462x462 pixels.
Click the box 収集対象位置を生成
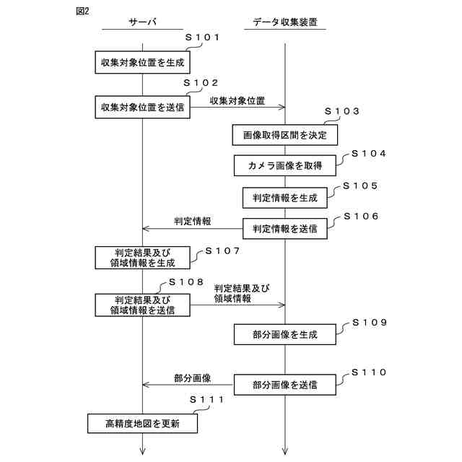pos(142,62)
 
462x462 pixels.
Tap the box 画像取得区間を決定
pos(285,134)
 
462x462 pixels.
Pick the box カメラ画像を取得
pos(285,165)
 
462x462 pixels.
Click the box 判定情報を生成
pos(285,197)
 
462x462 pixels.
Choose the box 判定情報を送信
pos(285,228)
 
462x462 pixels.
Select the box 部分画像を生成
pos(285,334)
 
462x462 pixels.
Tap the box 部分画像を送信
pos(285,385)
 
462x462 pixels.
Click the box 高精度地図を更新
pos(142,423)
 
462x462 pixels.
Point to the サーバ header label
pos(142,22)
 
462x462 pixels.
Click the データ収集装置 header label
pos(285,22)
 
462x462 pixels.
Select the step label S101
pos(202,38)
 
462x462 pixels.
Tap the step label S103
pos(341,112)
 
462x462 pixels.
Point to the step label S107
pos(222,251)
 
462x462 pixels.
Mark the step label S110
pos(369,372)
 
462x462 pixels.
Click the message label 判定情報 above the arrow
pos(192,222)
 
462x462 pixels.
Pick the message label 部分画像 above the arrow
pos(192,378)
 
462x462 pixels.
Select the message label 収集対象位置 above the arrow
pos(237,100)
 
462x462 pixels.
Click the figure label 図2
pos(82,11)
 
